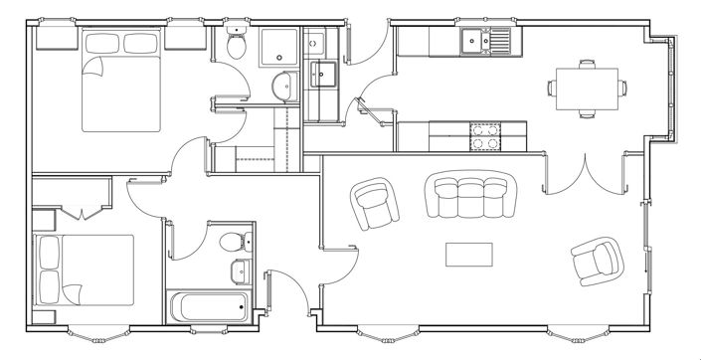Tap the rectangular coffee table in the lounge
[469, 255]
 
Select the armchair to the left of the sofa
[377, 204]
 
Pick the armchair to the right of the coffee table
[596, 262]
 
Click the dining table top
[585, 87]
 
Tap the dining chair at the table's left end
[553, 88]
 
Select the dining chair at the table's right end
[621, 88]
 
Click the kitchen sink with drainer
[485, 41]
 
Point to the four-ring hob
[485, 136]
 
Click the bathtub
[210, 307]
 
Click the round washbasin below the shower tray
[282, 87]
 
